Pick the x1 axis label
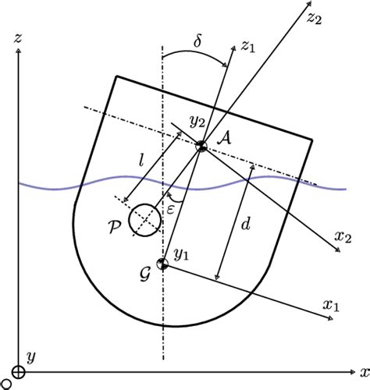[x=332, y=307]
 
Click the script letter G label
[x=144, y=269]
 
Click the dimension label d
[x=247, y=225]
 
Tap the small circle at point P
[x=145, y=218]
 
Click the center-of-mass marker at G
[x=162, y=264]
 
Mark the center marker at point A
[x=201, y=146]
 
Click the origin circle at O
[x=16, y=373]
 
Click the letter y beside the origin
[x=31, y=357]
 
